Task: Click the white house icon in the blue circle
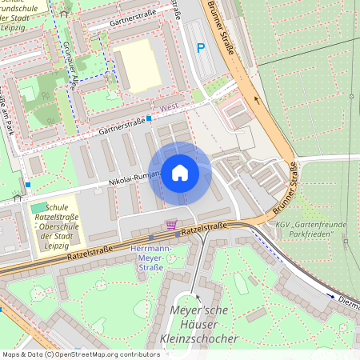point(179,173)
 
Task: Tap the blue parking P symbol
point(202,48)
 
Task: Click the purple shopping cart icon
point(171,224)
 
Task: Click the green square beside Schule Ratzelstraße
point(38,209)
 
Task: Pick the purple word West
point(170,106)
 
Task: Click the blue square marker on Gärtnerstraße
point(150,118)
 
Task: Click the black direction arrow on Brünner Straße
point(257,101)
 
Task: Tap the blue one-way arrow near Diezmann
point(330,295)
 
